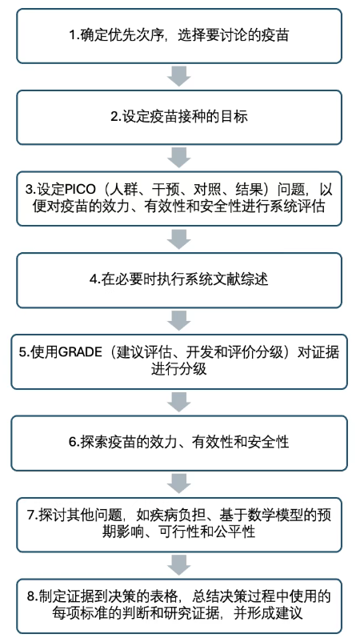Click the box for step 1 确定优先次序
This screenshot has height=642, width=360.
(179, 36)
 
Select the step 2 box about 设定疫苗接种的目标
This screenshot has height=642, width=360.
(179, 118)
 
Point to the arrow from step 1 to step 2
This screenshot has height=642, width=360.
(179, 76)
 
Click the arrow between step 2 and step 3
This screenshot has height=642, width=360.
(179, 158)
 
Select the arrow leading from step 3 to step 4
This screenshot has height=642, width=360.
(179, 239)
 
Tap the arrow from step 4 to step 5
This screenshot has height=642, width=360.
(179, 320)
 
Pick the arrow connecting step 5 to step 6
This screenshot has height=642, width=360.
(179, 402)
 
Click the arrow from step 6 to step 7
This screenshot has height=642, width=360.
(179, 484)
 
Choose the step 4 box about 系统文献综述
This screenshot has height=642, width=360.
(179, 280)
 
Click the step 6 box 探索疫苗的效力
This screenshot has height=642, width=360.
(179, 443)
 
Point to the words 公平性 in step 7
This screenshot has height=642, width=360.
(236, 532)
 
